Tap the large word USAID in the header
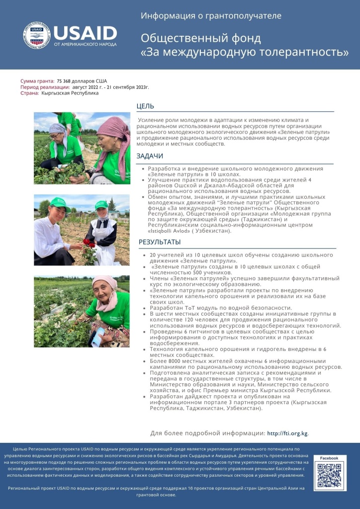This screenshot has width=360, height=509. pyautogui.click(x=85, y=33)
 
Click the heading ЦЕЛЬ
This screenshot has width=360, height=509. pyautogui.click(x=145, y=106)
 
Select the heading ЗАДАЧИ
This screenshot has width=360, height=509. pyautogui.click(x=150, y=156)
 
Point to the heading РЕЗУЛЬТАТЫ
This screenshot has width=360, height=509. pyautogui.click(x=160, y=242)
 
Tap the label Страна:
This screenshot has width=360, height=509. pyautogui.click(x=30, y=93)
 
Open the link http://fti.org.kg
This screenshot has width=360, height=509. pyautogui.click(x=287, y=433)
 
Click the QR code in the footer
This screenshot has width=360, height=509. pyautogui.click(x=330, y=475)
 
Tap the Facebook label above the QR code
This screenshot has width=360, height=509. pyautogui.click(x=329, y=458)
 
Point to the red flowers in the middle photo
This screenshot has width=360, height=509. pyautogui.click(x=90, y=245)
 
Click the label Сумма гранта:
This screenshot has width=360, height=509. pyautogui.click(x=37, y=81)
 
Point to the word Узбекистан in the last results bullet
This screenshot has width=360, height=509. pyautogui.click(x=242, y=408)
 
